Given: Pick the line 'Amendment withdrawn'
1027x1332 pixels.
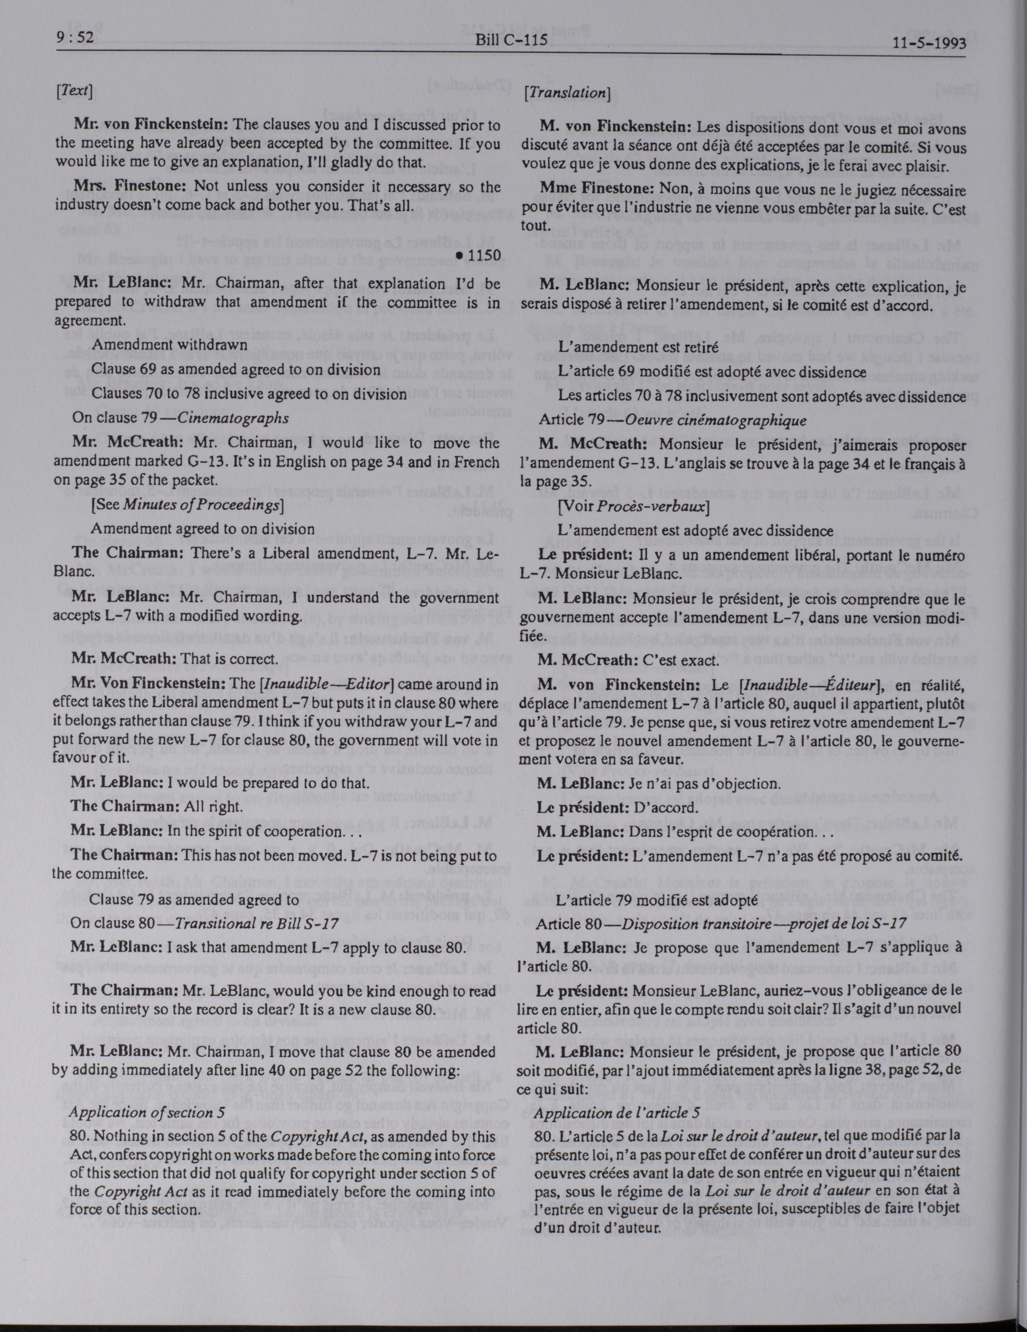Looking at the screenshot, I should click(x=169, y=344).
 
